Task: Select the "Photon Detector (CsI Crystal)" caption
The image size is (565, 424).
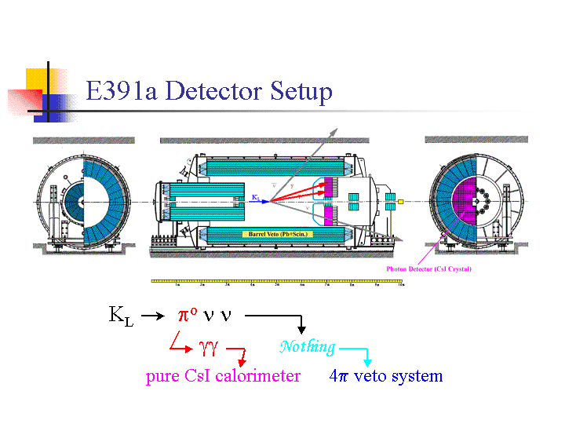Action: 428,269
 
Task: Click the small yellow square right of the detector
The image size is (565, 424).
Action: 400,202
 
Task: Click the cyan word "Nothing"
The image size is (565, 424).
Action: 307,346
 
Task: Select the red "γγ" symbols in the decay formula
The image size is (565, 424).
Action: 208,346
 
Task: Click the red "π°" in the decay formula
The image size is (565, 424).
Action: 188,316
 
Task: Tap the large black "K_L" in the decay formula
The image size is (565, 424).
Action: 121,316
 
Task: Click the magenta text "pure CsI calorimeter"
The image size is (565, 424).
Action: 223,376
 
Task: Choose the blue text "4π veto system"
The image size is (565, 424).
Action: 386,376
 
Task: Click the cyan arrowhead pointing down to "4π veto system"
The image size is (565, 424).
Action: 368,363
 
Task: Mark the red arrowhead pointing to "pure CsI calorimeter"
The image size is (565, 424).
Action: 242,362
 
